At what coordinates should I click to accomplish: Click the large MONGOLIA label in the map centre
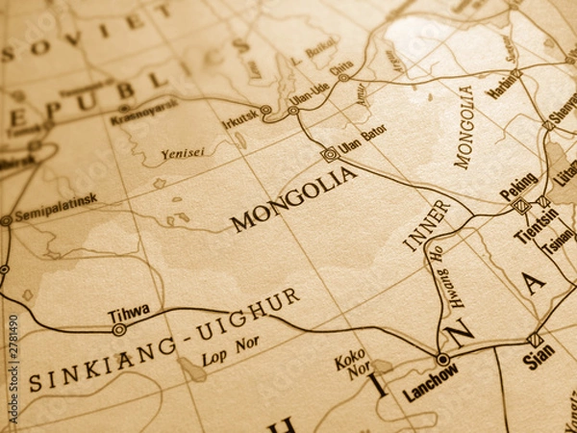pyautogui.click(x=293, y=200)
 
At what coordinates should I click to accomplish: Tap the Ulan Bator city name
pyautogui.click(x=363, y=140)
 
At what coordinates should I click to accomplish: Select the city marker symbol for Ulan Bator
pyautogui.click(x=330, y=153)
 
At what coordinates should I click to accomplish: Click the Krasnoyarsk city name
pyautogui.click(x=143, y=111)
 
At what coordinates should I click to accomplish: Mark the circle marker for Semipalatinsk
pyautogui.click(x=6, y=220)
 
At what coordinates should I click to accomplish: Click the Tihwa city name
pyautogui.click(x=128, y=312)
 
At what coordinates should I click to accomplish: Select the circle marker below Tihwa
pyautogui.click(x=118, y=329)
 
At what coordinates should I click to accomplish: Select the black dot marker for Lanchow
pyautogui.click(x=442, y=359)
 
